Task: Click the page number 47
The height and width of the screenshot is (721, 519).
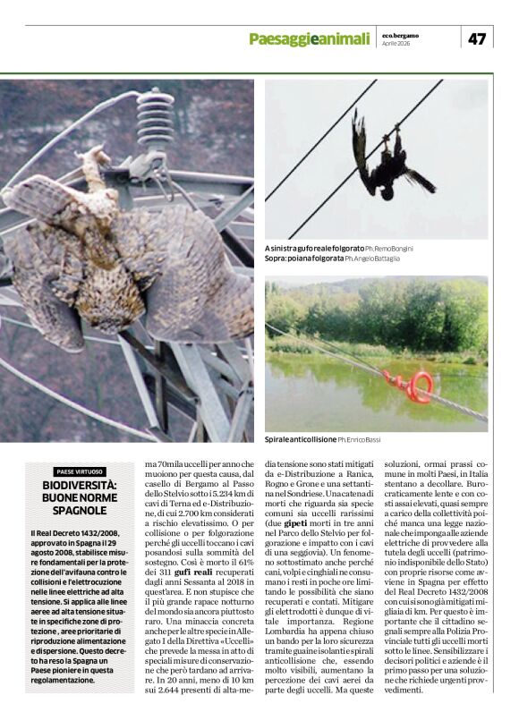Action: pos(476,38)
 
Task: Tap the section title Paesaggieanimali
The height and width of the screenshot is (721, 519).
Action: pos(309,38)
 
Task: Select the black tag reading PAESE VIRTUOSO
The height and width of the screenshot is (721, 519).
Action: pos(80,471)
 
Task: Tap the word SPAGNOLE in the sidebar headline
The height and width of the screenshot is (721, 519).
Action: pos(80,511)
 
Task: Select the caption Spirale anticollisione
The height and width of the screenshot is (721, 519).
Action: pos(300,441)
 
